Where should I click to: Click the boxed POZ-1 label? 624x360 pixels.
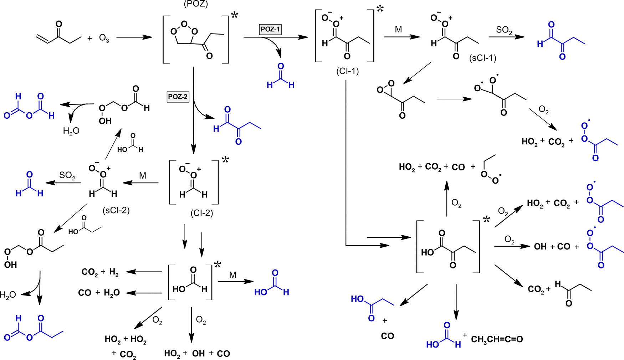coord(270,29)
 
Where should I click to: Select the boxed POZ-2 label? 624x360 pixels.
coord(178,97)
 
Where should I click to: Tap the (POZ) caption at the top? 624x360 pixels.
coord(196,4)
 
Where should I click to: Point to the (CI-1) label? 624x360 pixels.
coord(347,71)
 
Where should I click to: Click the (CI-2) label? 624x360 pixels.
coord(201,213)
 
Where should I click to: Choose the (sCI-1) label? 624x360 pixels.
coord(482,58)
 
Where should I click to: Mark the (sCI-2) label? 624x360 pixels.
coord(116,210)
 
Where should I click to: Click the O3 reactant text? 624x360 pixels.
coord(104,38)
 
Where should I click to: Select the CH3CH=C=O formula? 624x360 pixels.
coord(497,339)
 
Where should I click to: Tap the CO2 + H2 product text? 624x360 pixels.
coord(100,272)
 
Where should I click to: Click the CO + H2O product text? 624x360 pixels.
coord(99,293)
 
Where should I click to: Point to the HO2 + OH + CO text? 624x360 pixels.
coord(197,354)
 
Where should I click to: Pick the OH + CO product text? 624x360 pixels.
coord(552,247)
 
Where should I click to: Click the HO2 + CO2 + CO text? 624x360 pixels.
coord(431,167)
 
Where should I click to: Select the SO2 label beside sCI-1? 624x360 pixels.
coord(504,30)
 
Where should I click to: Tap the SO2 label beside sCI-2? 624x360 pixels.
coord(67,176)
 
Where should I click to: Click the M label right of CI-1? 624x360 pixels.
coord(398,30)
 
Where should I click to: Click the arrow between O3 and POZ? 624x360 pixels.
coord(134,37)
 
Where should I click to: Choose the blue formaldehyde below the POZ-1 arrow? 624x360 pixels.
coord(281,77)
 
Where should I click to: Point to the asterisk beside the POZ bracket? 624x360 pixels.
coord(235,16)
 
